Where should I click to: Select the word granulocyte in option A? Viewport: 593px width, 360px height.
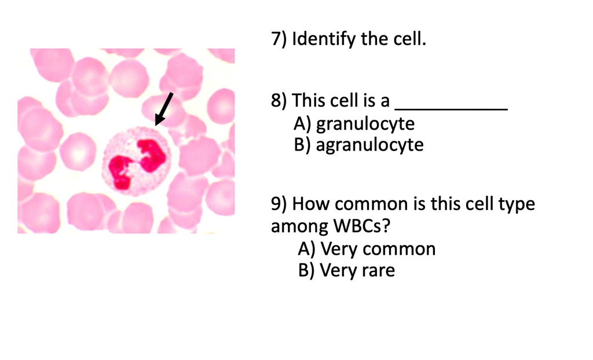(365, 123)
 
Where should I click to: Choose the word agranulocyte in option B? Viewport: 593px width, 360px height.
(369, 144)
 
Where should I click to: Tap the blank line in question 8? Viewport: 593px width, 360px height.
(451, 108)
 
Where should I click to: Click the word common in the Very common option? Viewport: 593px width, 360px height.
(399, 249)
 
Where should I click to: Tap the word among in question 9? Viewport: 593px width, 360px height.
(298, 226)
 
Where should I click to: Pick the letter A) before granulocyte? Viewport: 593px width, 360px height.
(303, 123)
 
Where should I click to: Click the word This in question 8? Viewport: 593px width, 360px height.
(309, 101)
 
